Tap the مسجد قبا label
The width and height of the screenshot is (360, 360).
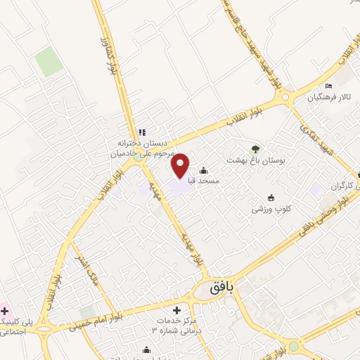point(210,181)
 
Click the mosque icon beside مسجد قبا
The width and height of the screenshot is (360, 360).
point(204,170)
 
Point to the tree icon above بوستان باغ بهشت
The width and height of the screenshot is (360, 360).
point(255,149)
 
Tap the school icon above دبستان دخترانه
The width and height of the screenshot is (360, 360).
point(141,131)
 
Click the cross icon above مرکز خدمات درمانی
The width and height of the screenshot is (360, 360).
point(176,310)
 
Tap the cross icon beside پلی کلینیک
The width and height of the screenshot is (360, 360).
point(4,310)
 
